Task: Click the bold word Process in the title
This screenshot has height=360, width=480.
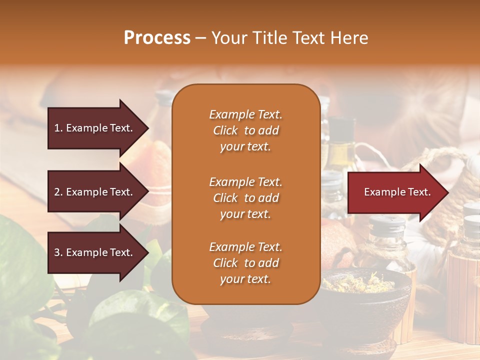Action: (x=157, y=38)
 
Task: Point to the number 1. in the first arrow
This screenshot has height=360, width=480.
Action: (x=58, y=128)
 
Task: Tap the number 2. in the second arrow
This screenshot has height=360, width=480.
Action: (x=58, y=192)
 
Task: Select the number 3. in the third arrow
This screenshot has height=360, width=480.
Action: (x=58, y=252)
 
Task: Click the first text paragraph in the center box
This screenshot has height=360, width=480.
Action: (x=245, y=130)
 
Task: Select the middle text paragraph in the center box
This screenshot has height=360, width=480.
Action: (x=245, y=198)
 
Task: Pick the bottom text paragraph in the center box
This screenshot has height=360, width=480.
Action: (x=245, y=263)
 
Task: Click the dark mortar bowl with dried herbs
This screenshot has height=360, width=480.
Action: (x=365, y=295)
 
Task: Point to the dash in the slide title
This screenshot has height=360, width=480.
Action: (x=200, y=38)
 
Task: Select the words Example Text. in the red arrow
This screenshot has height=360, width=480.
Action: (x=397, y=192)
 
